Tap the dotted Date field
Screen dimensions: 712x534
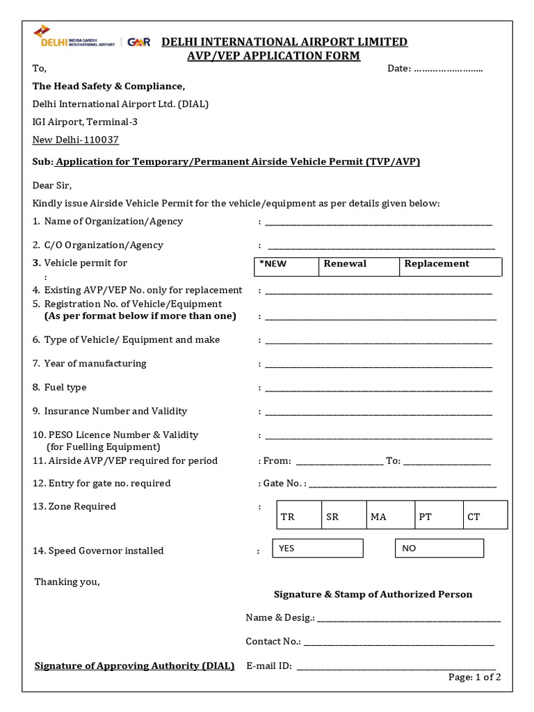tap(448, 69)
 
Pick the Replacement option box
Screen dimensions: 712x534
tap(450, 266)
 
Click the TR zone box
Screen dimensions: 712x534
tap(299, 515)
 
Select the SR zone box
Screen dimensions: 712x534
tap(344, 515)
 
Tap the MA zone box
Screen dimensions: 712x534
tap(390, 515)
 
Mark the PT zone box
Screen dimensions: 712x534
tap(438, 515)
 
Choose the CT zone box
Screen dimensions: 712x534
tap(485, 515)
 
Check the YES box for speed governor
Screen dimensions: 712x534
tap(317, 548)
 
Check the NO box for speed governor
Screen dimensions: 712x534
tap(439, 548)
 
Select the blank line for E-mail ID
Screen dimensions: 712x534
tap(396, 667)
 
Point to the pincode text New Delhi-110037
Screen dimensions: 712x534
tap(76, 140)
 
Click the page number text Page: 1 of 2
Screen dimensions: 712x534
tap(474, 677)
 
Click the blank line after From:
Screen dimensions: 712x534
tap(339, 462)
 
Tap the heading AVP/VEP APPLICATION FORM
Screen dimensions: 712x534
tap(274, 56)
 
